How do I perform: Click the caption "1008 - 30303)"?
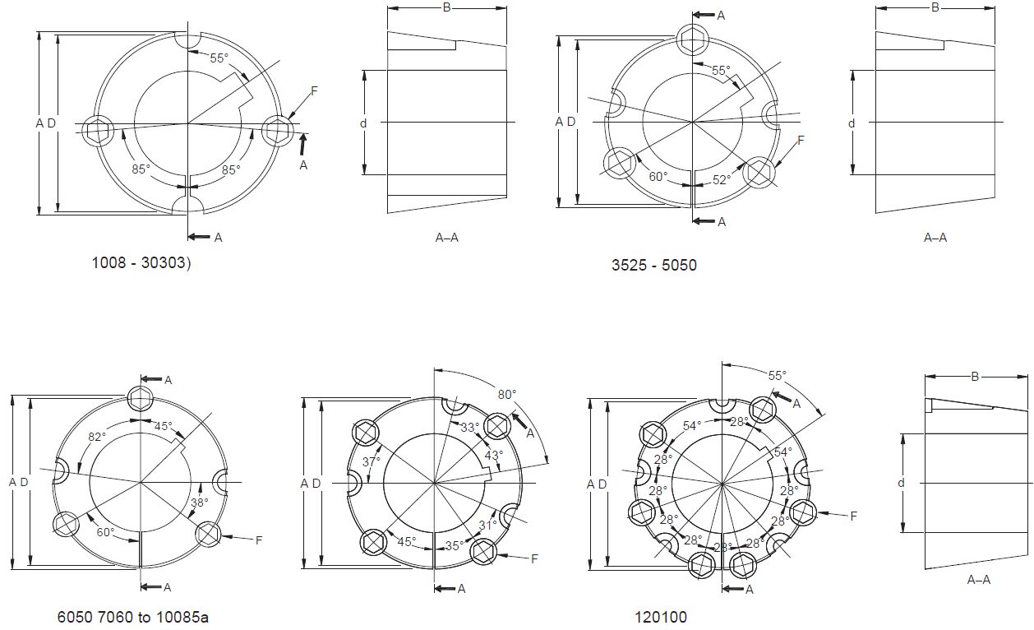click(x=141, y=263)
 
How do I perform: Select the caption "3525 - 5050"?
click(x=654, y=265)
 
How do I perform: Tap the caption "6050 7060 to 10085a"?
click(x=133, y=617)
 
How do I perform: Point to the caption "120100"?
click(x=661, y=617)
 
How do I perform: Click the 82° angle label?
click(x=97, y=437)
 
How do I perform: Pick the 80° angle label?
click(x=507, y=395)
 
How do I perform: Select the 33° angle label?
click(x=470, y=428)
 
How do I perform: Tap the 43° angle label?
click(x=493, y=456)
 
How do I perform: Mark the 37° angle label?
click(x=372, y=461)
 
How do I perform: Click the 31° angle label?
click(x=487, y=526)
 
